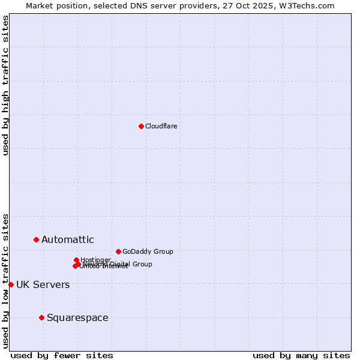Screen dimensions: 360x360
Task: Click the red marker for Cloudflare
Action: point(141,126)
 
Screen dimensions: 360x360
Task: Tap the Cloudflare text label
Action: point(161,126)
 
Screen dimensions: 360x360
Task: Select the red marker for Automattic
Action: point(36,239)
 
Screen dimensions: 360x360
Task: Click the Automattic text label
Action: point(67,240)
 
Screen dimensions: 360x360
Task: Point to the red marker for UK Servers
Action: point(11,284)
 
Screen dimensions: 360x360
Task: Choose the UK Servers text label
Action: point(43,285)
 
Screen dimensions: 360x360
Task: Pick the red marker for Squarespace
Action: point(41,317)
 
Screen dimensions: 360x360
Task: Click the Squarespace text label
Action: point(77,318)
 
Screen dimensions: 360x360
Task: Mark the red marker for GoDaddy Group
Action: point(118,251)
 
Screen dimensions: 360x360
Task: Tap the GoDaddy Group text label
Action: point(148,252)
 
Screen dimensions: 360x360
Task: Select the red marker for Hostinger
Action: point(76,260)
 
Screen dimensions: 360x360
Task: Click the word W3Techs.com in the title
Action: point(305,5)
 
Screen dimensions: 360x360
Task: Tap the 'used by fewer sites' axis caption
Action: point(62,355)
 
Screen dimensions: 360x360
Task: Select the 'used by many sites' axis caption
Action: point(301,355)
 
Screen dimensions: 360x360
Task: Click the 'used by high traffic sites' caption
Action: point(5,85)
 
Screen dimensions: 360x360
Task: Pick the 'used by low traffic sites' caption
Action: point(5,281)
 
